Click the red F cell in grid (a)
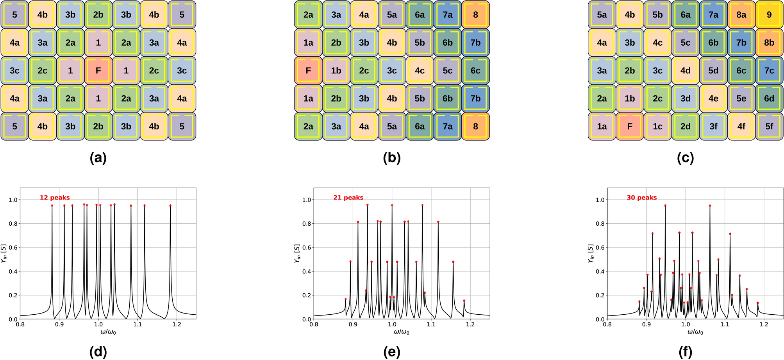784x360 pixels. (98, 71)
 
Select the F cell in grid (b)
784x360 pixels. (308, 71)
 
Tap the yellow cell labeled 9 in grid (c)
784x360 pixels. (769, 15)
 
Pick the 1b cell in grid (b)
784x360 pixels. (336, 71)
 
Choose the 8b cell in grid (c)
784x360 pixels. (769, 43)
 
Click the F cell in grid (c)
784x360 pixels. (630, 127)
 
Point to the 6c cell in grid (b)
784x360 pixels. (475, 71)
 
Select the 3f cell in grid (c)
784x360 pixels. (713, 127)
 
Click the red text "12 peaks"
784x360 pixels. (55, 198)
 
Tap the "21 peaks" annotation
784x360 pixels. (348, 198)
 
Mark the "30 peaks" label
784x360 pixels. (642, 198)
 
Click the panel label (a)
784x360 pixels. (98, 158)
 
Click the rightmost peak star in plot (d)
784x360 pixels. (170, 205)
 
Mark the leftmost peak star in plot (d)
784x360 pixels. (52, 205)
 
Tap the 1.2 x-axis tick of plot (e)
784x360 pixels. (470, 324)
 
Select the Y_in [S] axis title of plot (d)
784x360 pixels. (4, 253)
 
